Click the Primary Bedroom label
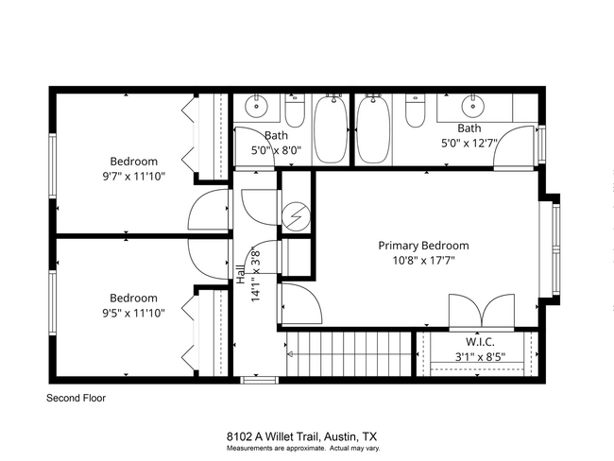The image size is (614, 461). click(423, 246)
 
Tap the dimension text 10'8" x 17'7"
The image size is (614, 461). click(423, 261)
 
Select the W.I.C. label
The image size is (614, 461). click(479, 341)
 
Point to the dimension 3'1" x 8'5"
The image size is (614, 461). click(479, 356)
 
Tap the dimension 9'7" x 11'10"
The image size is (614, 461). click(133, 177)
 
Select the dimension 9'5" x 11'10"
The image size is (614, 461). click(133, 313)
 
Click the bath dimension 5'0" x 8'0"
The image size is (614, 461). click(276, 149)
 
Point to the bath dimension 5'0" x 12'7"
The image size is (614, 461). click(469, 144)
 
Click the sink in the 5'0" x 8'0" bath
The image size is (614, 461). click(256, 104)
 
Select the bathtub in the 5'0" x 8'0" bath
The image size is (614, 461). click(331, 129)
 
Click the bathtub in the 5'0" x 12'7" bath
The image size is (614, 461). click(374, 129)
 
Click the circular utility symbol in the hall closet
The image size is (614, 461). click(296, 217)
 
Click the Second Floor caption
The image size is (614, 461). click(77, 399)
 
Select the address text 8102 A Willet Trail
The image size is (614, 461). click(273, 436)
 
